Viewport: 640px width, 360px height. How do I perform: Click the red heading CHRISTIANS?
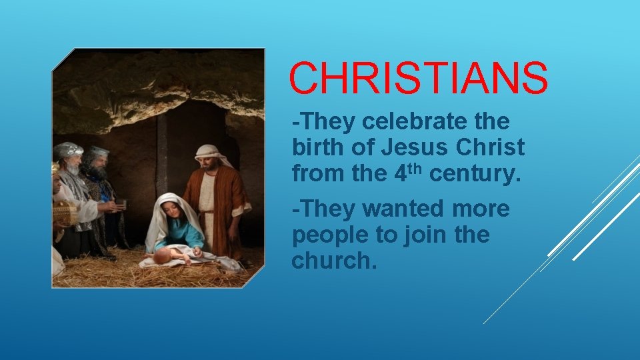pyautogui.click(x=418, y=79)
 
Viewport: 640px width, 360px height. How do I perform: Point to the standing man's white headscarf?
pyautogui.click(x=211, y=154)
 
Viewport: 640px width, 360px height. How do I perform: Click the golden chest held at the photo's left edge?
pyautogui.click(x=64, y=213)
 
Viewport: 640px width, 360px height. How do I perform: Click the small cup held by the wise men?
pyautogui.click(x=121, y=204)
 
